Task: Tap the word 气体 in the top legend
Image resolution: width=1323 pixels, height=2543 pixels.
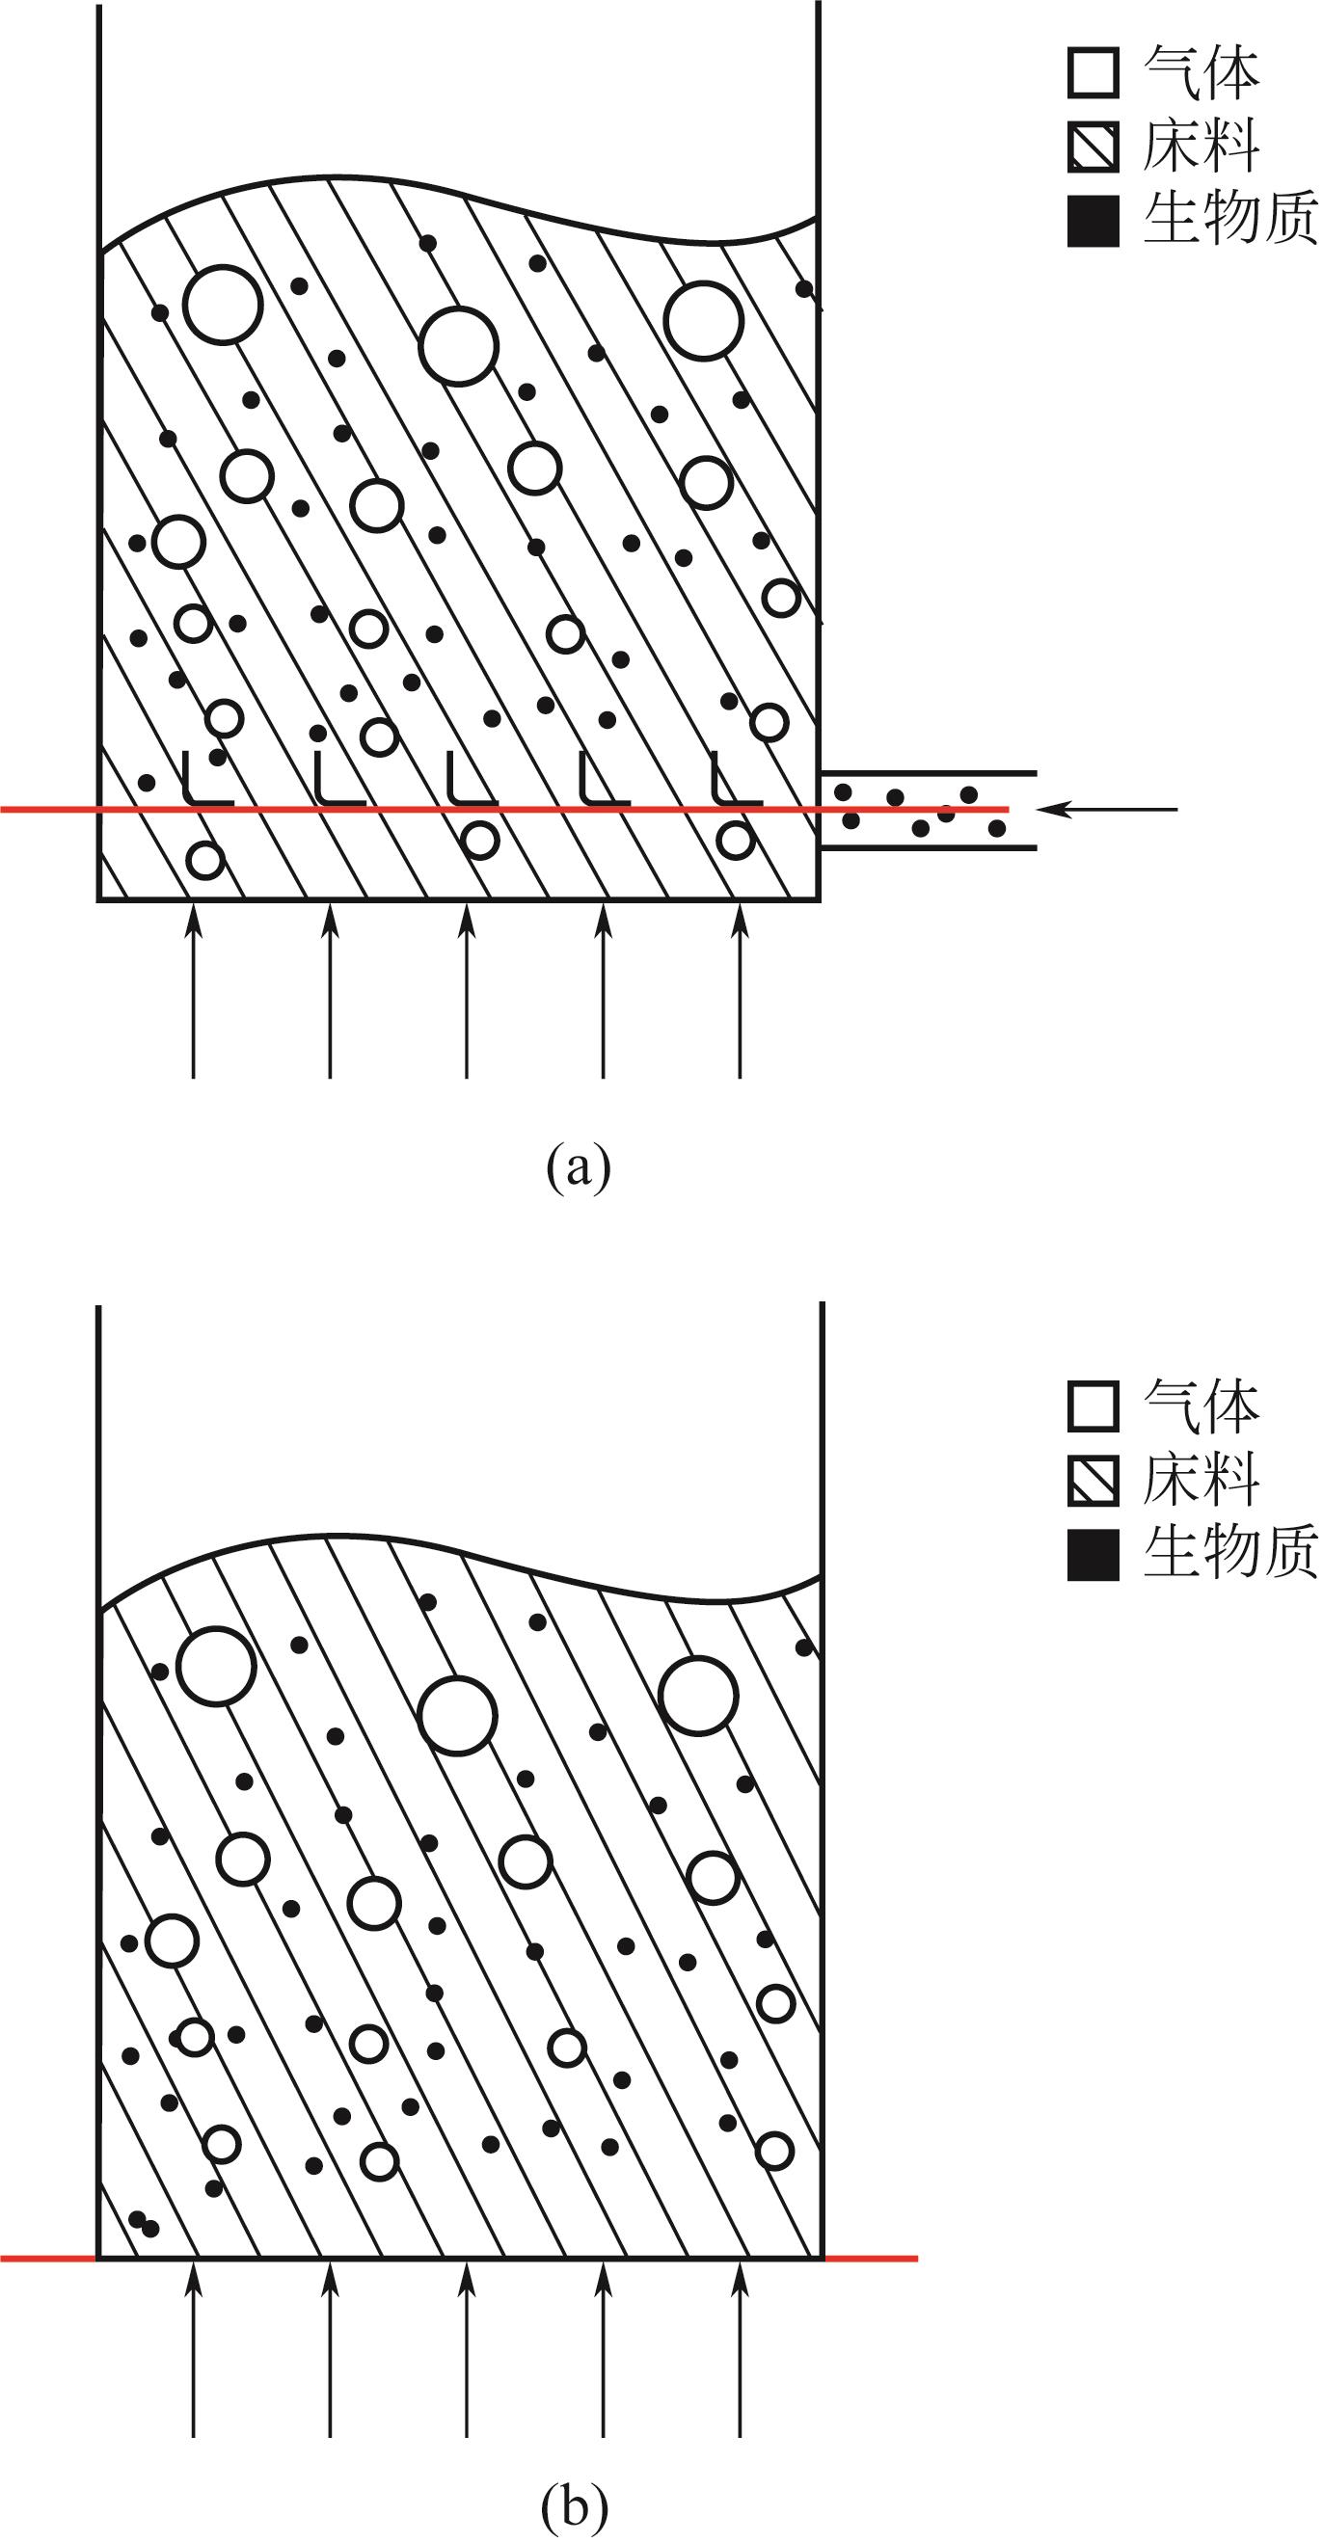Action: [1201, 73]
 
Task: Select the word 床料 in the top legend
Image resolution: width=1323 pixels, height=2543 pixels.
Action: [1201, 147]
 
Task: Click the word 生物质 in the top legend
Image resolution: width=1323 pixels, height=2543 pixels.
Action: [1230, 218]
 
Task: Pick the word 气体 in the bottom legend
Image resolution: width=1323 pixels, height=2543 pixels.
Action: [1201, 1406]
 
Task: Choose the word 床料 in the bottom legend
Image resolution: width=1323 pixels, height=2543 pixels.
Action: [1201, 1480]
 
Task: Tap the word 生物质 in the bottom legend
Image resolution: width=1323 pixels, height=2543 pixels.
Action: [1230, 1552]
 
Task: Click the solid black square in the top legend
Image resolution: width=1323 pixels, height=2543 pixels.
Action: [1093, 220]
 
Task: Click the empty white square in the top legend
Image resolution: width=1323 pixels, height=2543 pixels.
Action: [1093, 73]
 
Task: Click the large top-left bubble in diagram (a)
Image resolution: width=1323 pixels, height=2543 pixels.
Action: [223, 304]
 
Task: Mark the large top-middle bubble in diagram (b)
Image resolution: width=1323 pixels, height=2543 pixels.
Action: [457, 1715]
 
